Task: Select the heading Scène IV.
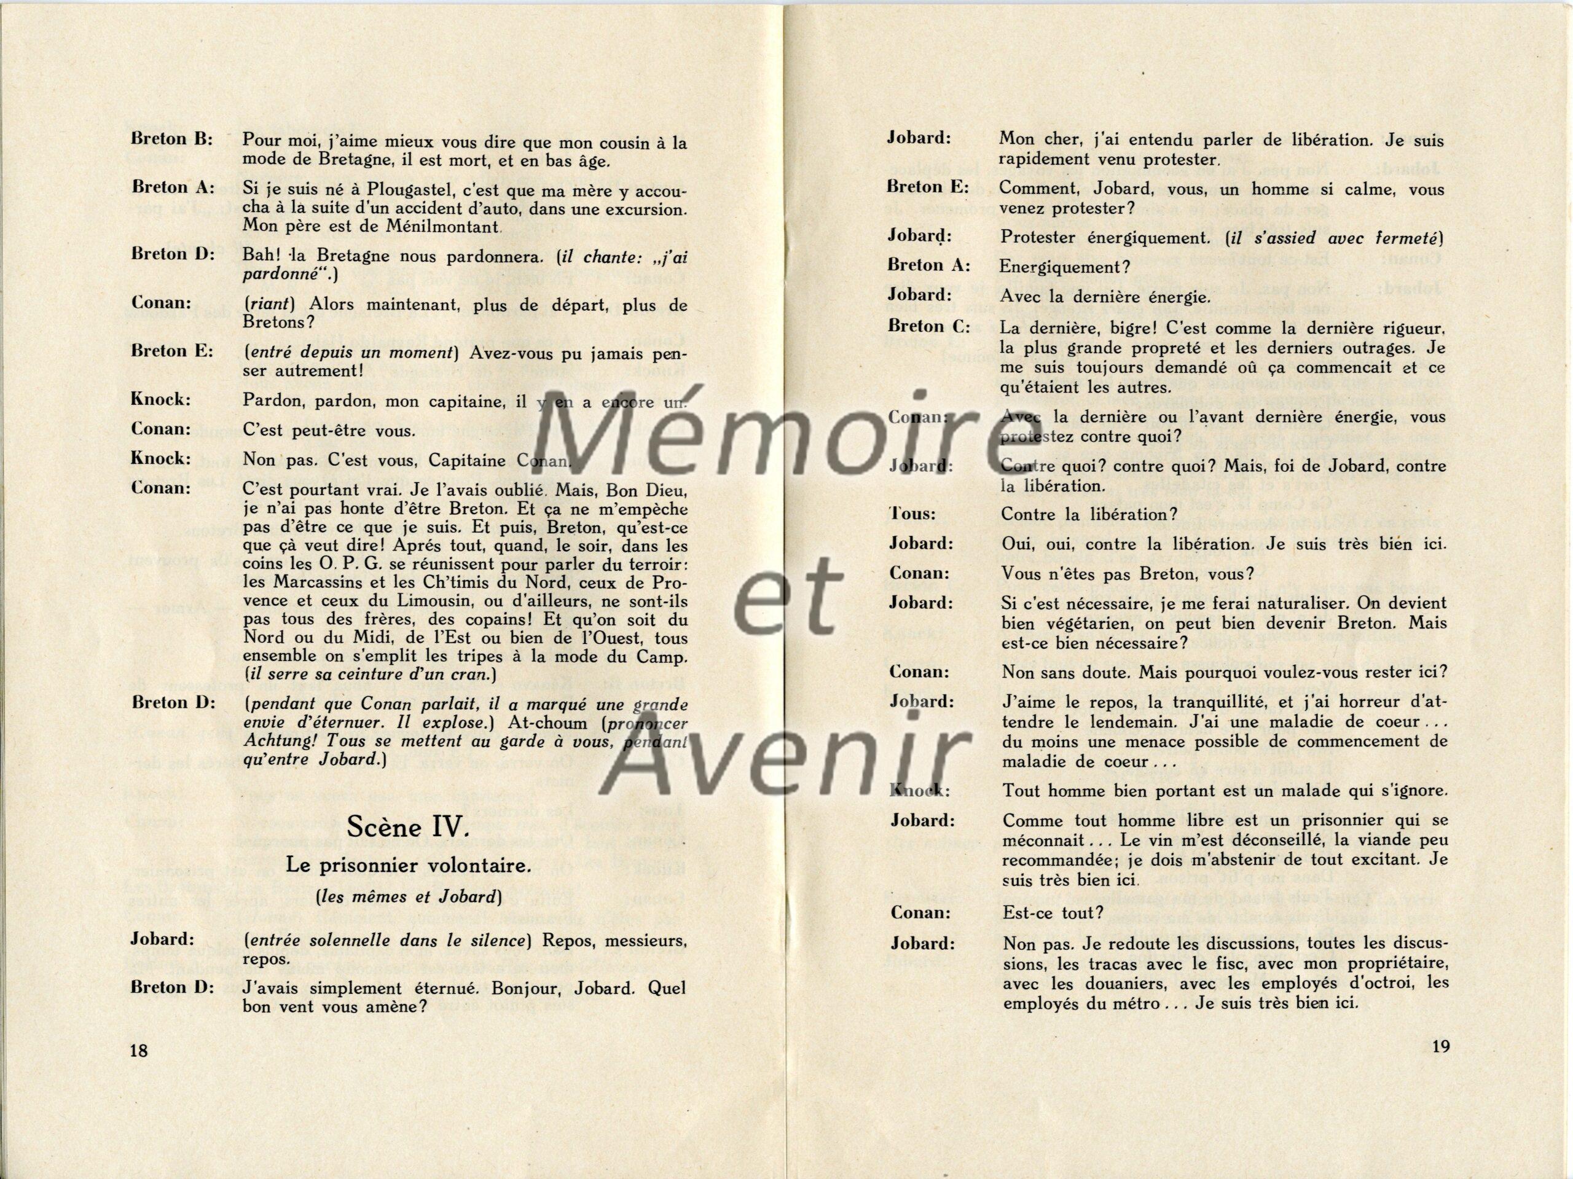[x=407, y=828]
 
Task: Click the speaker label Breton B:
[x=172, y=139]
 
